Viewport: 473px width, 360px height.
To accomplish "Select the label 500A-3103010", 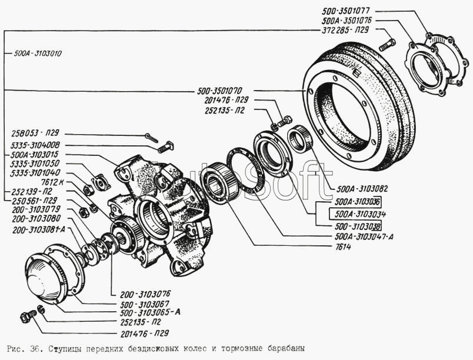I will (37, 52).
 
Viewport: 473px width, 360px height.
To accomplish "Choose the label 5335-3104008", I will (35, 144).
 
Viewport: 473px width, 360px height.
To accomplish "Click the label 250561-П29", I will (35, 201).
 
